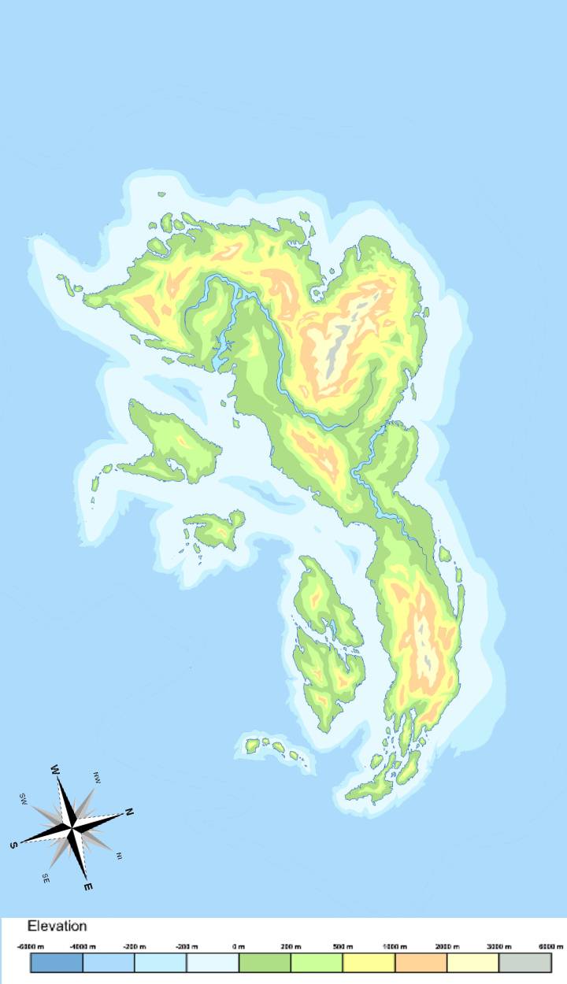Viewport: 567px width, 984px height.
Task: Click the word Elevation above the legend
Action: coord(57,927)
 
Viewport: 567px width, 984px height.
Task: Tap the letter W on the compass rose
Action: coord(56,769)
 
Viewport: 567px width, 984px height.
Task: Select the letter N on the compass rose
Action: coord(129,812)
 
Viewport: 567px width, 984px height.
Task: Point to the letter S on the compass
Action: coord(13,845)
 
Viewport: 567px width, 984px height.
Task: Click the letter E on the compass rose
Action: coord(88,887)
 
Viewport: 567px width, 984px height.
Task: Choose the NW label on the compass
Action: coord(97,776)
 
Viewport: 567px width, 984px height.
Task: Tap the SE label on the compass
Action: coord(46,877)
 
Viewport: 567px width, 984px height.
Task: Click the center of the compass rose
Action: coord(72,827)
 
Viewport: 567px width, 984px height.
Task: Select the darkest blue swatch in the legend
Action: coord(56,963)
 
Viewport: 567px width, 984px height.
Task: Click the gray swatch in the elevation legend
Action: coord(524,963)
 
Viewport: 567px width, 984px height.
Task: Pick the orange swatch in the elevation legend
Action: coord(421,963)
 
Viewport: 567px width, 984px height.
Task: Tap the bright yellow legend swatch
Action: coord(369,963)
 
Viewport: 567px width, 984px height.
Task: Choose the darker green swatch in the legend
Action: coord(265,963)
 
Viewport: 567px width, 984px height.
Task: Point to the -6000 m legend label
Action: coord(30,945)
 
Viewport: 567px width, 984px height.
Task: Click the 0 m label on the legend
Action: coord(239,945)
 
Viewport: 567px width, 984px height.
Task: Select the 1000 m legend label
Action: coord(395,945)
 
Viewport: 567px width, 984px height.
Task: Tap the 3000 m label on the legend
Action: coord(498,945)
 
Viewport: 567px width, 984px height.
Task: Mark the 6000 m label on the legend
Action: coord(551,945)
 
